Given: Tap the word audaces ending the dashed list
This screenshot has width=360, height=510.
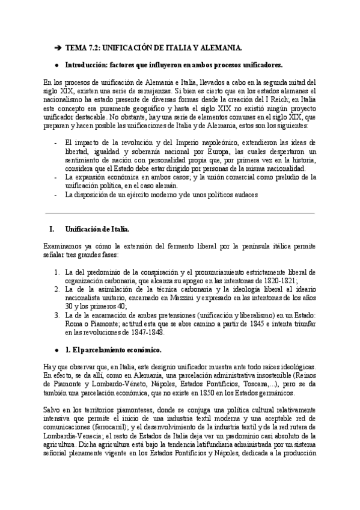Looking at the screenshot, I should [x=242, y=194].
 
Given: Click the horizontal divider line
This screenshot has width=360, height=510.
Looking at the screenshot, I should [x=180, y=212].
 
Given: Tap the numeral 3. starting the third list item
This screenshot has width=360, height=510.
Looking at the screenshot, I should [x=56, y=315].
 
